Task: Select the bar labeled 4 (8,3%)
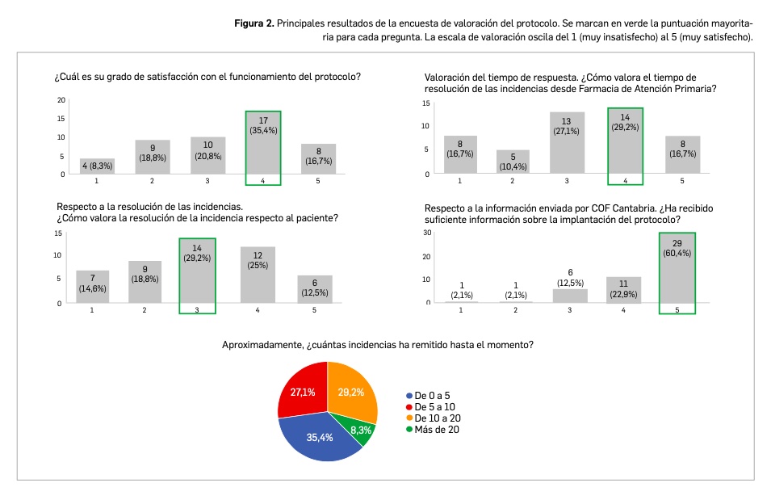point(97,166)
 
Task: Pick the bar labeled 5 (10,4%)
point(512,162)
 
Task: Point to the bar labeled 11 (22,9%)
point(623,289)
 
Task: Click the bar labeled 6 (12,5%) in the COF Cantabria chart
point(570,295)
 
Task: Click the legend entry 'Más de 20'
point(436,430)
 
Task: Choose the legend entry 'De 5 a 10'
point(435,406)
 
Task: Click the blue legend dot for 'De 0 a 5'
point(409,396)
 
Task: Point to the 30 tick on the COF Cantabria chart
point(427,233)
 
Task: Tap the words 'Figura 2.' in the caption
point(254,23)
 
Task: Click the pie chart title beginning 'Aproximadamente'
point(377,345)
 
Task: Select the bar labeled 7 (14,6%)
point(92,287)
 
